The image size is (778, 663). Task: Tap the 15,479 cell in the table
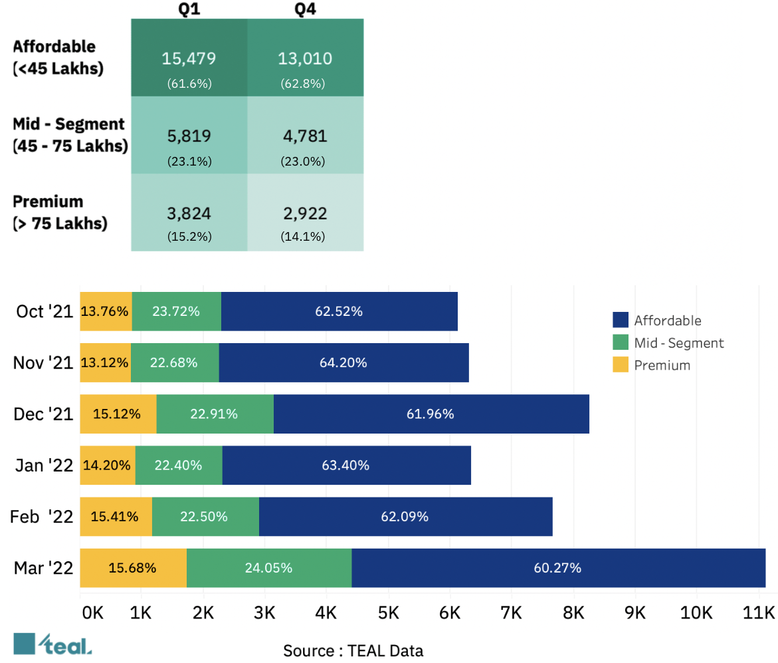[x=189, y=59]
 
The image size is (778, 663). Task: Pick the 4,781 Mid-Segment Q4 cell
[x=305, y=136]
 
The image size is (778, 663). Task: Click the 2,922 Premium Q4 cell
[x=305, y=213]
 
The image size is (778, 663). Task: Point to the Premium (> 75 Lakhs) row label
[x=60, y=212]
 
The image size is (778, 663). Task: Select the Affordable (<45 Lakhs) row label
[x=58, y=57]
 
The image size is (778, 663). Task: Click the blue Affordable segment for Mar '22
[x=558, y=568]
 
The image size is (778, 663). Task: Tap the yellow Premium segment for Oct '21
[x=106, y=311]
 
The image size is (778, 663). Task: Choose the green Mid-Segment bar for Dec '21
[x=215, y=414]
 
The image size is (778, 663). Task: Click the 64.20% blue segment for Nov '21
[x=343, y=362]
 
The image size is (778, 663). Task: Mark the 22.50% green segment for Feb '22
[x=205, y=517]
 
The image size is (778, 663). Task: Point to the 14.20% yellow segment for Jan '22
[x=108, y=465]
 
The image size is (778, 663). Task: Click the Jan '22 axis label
[x=44, y=465]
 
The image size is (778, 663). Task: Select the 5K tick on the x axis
[x=388, y=612]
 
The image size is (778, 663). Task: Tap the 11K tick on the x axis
[x=759, y=612]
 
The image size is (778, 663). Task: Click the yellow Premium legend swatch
[x=620, y=365]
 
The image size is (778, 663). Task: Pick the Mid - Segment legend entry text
[x=679, y=343]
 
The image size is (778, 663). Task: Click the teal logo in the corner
[x=53, y=644]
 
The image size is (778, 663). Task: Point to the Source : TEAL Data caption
[x=353, y=650]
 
